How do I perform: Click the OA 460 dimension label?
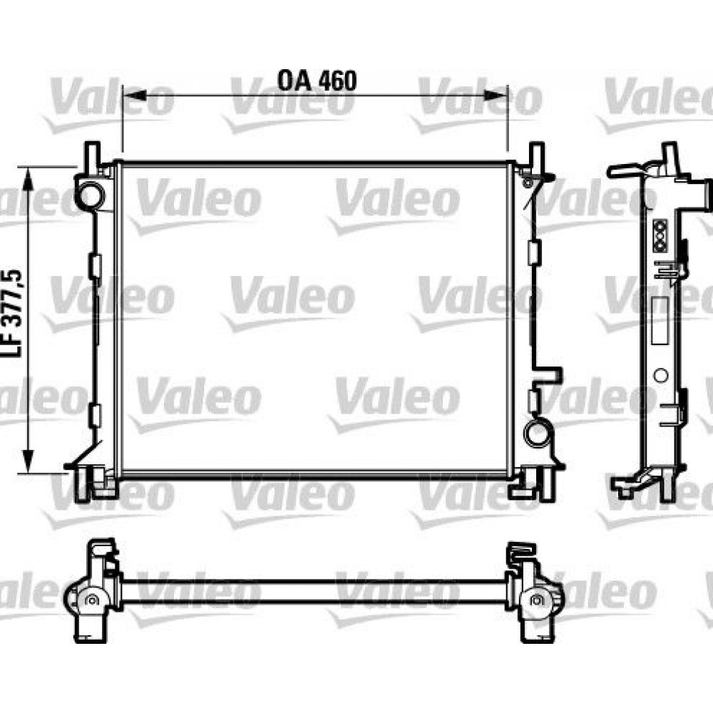point(317,81)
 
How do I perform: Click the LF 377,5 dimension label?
point(13,314)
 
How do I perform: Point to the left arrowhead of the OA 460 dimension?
point(135,96)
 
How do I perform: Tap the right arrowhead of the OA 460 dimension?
point(496,96)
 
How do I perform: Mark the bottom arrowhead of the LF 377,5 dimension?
point(29,461)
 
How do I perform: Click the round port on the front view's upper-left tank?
point(91,195)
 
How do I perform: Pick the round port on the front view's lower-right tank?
point(538,433)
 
